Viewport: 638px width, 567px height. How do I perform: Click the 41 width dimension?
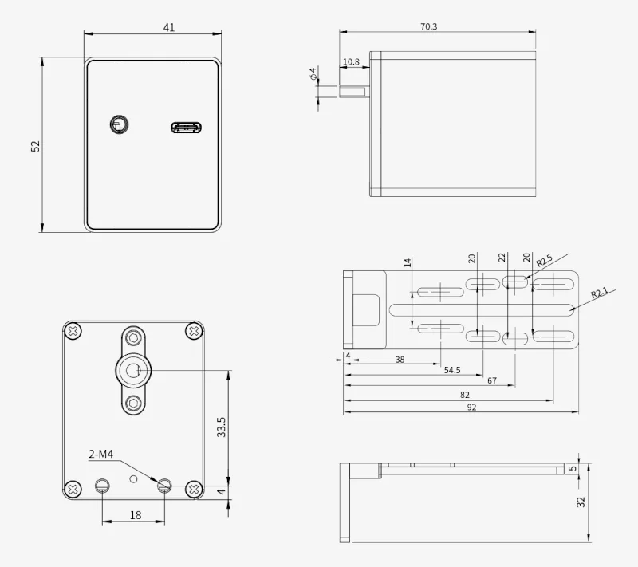click(169, 27)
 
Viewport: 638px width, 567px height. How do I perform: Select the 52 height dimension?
click(36, 146)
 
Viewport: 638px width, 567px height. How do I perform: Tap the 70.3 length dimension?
click(428, 26)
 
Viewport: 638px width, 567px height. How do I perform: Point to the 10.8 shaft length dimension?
click(351, 62)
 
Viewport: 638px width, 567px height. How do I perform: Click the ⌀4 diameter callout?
click(313, 73)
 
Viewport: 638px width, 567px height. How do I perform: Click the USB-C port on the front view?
click(187, 128)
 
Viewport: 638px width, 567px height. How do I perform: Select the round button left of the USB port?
click(119, 124)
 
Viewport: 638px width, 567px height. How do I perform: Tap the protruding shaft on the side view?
click(354, 92)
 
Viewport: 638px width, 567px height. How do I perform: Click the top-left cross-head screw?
click(73, 331)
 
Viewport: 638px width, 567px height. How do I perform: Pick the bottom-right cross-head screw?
click(194, 489)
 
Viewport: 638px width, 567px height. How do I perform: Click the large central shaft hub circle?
click(133, 371)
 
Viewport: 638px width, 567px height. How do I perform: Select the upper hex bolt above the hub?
click(133, 337)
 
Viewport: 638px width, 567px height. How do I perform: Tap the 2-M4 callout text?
click(101, 454)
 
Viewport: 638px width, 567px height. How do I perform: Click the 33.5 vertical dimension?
click(221, 427)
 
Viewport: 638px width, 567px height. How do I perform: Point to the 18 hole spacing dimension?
click(136, 515)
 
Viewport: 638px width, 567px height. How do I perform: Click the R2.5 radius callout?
click(544, 260)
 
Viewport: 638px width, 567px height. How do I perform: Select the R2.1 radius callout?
click(600, 292)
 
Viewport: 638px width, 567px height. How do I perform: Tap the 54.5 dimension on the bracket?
click(452, 370)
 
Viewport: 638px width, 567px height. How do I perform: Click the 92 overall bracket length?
click(471, 408)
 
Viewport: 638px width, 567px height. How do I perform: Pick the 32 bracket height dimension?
click(581, 502)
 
